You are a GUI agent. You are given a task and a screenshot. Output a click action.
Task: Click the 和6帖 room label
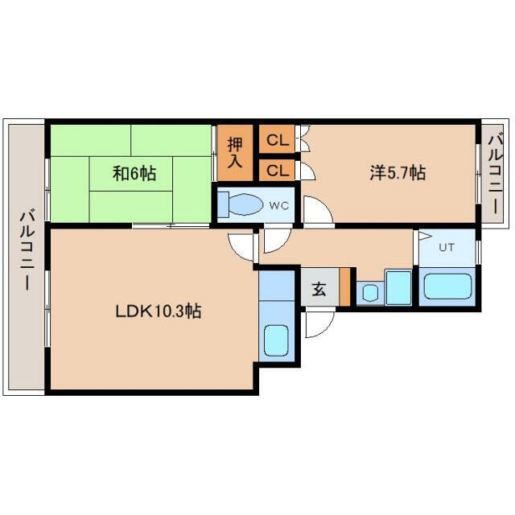point(134,173)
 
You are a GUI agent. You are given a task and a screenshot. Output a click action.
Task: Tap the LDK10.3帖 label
point(159,311)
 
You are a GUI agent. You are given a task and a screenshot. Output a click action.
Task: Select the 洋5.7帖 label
point(398,173)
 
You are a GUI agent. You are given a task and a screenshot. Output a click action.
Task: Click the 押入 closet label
point(235,153)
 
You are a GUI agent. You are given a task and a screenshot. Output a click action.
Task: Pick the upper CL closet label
point(278,141)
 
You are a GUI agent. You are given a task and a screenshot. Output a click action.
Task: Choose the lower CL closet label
point(278,171)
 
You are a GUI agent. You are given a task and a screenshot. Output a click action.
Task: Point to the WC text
point(279,206)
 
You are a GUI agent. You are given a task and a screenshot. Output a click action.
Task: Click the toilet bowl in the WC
point(245,204)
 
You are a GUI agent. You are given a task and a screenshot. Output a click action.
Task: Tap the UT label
point(447,247)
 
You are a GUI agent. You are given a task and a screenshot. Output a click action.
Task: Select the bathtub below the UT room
point(447,286)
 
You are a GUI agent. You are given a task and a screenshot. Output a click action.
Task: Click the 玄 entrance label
point(319,289)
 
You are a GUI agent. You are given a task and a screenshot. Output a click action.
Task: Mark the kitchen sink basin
point(276,340)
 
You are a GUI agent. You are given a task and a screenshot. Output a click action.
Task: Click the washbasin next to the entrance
point(370,293)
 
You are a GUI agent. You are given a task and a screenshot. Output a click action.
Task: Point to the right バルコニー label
point(496,174)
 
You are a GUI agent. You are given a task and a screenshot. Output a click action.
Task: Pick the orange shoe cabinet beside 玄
point(344,286)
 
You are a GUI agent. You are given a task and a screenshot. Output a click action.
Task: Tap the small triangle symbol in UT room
point(425,236)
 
